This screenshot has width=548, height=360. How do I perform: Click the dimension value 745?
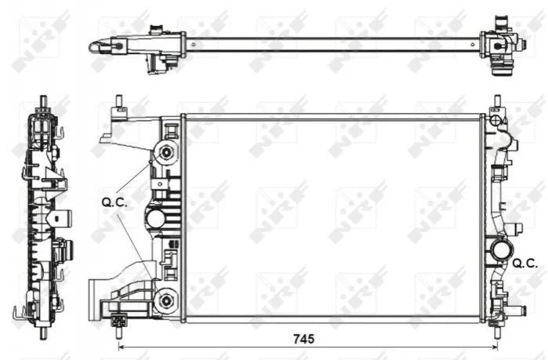pyautogui.click(x=303, y=339)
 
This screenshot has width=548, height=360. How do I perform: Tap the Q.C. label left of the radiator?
pyautogui.click(x=114, y=202)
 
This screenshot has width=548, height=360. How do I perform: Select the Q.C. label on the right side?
pyautogui.click(x=525, y=264)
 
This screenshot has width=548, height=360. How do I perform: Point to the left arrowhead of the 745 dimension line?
pyautogui.click(x=122, y=347)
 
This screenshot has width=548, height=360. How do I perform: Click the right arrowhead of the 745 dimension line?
pyautogui.click(x=495, y=347)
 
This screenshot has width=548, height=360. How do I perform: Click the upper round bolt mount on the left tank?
pyautogui.click(x=166, y=152)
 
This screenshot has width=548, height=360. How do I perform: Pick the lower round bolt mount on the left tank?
pyautogui.click(x=166, y=300)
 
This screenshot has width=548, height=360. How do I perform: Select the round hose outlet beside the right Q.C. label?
pyautogui.click(x=502, y=249)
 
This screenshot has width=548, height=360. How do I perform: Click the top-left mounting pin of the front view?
pyautogui.click(x=119, y=100)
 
